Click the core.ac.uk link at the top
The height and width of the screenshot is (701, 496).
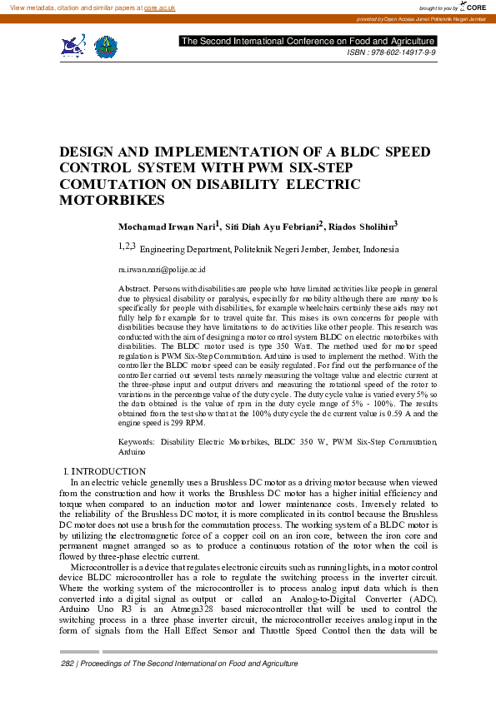tap(160, 7)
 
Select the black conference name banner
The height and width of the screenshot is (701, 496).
tap(308, 41)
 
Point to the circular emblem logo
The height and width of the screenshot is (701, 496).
tap(105, 47)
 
